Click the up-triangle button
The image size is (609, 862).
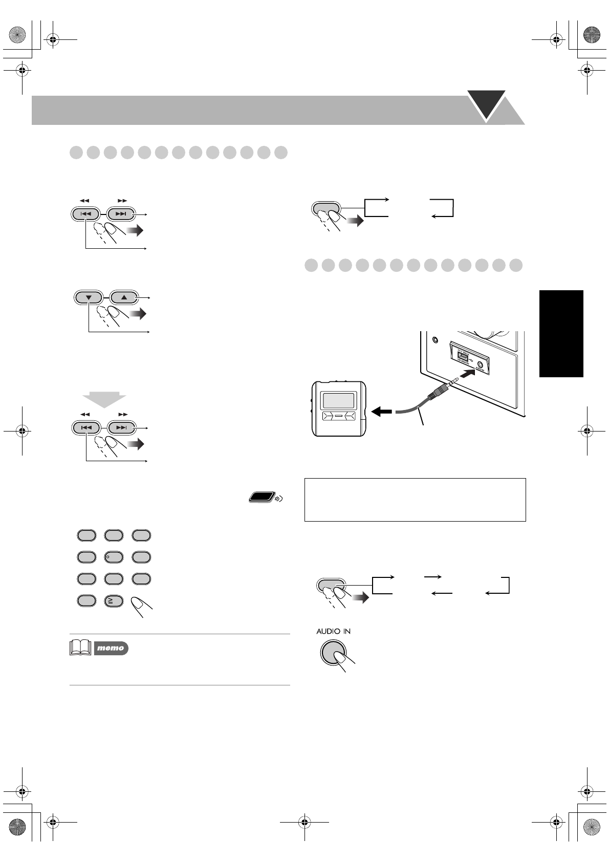(x=123, y=297)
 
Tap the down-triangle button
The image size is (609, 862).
(x=89, y=297)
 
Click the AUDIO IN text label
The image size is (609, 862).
(x=333, y=631)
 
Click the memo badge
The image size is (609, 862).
(x=111, y=648)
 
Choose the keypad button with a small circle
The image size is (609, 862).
(x=114, y=557)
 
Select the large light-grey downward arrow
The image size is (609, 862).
(x=104, y=399)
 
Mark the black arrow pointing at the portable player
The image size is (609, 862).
(x=382, y=411)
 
